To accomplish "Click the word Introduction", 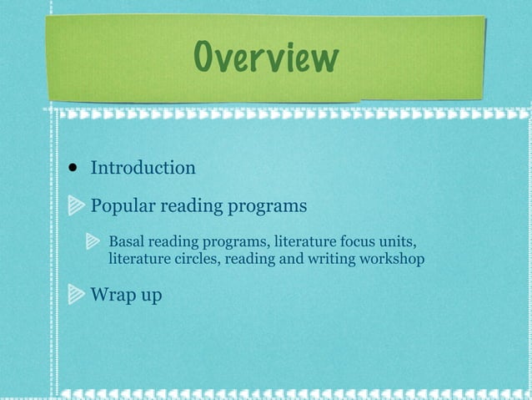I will (x=143, y=168).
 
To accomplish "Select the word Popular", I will (x=123, y=205).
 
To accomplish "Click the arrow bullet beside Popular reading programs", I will (x=75, y=205).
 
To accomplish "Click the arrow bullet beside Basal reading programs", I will (x=95, y=243).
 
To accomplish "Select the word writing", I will (x=332, y=260).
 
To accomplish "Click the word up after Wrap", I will (x=150, y=296).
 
